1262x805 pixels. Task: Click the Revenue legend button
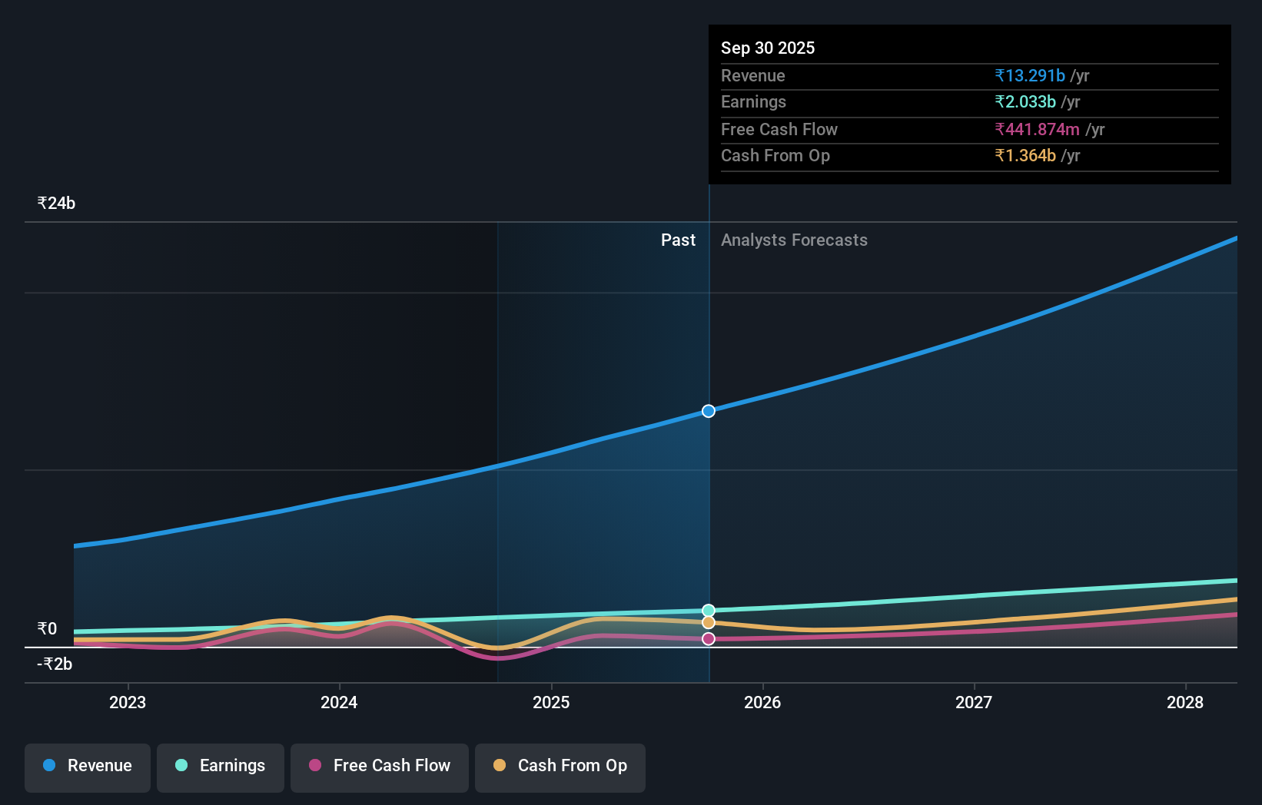(88, 767)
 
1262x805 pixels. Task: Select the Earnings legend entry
(221, 767)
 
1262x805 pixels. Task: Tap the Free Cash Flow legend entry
(380, 767)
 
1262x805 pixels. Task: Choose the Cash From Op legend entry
(560, 767)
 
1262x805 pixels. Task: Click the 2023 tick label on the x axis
(128, 702)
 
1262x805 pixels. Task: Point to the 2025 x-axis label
(551, 702)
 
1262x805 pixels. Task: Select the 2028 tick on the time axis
(1184, 702)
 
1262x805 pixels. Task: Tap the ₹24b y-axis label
(56, 204)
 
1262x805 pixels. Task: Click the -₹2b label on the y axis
(55, 664)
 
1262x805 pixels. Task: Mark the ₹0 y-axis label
(48, 629)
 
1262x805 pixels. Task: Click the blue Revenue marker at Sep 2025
(709, 411)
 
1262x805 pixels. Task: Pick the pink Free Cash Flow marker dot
(709, 639)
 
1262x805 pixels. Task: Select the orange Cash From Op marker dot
(709, 622)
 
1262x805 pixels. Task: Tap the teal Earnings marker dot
(709, 611)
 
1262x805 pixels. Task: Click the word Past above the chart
(678, 240)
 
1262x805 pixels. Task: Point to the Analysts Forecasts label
(794, 240)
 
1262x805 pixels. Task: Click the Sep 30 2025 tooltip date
(768, 48)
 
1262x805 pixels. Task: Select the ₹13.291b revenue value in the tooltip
(1030, 75)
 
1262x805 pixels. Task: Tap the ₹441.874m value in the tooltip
(1037, 129)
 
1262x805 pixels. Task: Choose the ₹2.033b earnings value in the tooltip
(1025, 102)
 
